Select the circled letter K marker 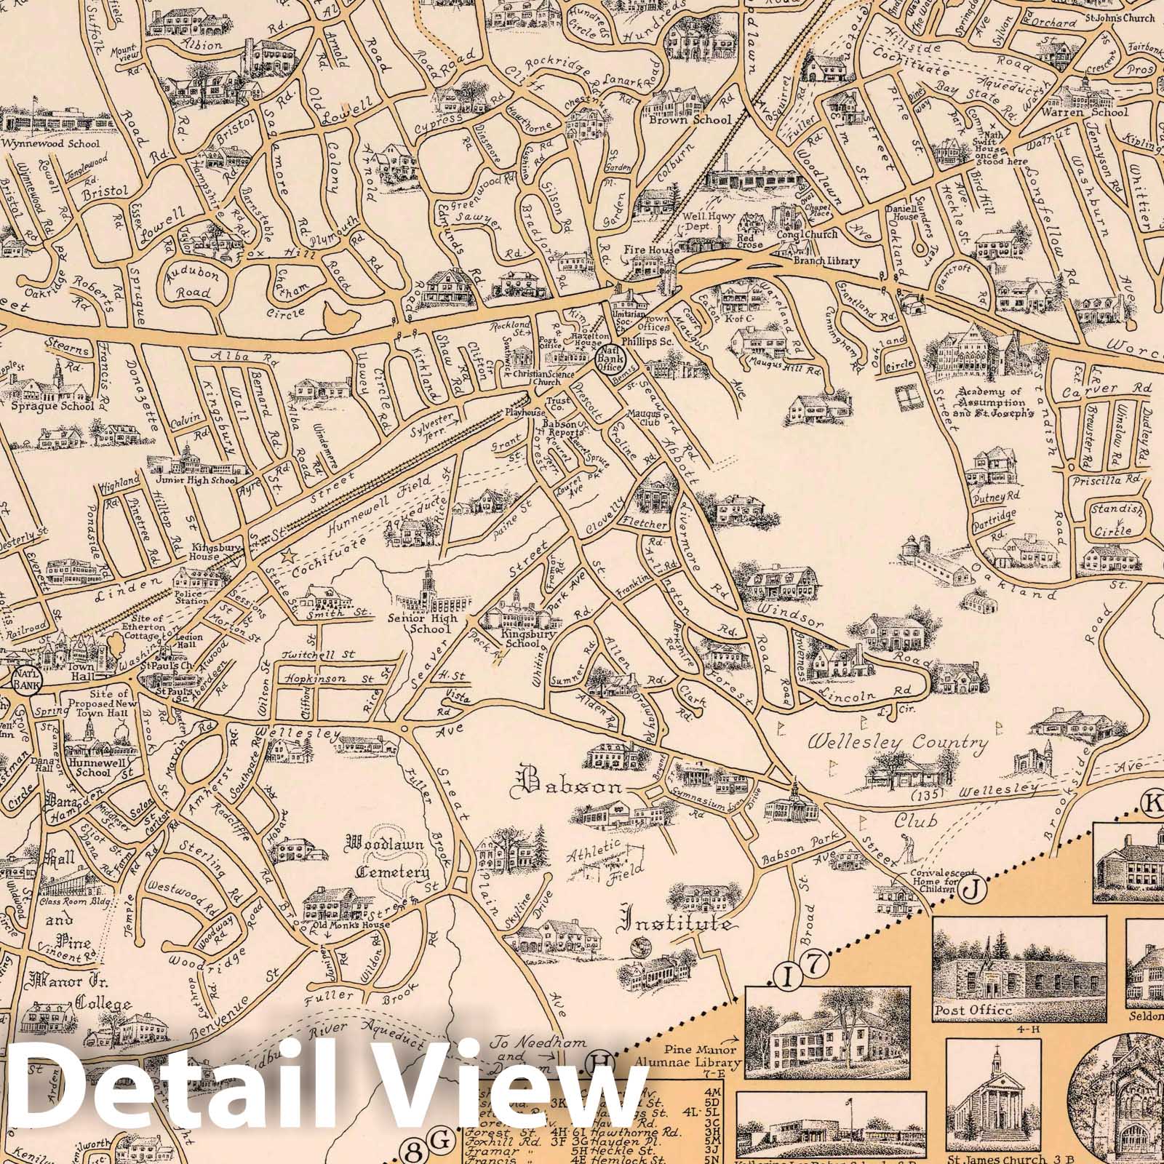1153,804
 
